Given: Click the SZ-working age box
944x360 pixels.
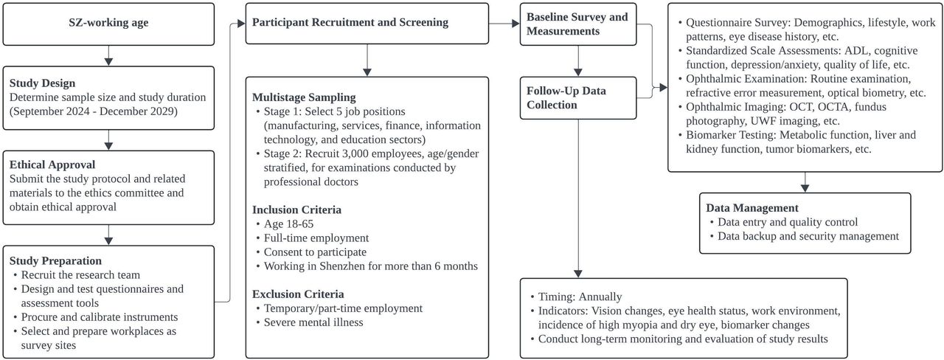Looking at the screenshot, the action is click(108, 24).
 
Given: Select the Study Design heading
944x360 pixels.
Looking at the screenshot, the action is click(42, 83).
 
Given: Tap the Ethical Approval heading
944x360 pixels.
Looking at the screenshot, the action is click(52, 165).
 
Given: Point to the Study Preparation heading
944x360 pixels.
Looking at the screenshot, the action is click(55, 260).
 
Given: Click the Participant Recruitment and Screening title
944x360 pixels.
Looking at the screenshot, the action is click(350, 22).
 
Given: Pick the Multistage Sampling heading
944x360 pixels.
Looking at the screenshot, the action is click(304, 97).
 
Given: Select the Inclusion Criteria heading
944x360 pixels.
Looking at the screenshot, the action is click(296, 210).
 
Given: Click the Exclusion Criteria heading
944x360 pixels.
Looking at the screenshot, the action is click(298, 294).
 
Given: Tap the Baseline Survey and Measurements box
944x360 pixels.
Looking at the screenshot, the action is click(577, 24).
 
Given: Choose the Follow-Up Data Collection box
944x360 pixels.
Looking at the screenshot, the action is click(577, 98).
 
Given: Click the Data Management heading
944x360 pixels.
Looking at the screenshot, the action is click(752, 208).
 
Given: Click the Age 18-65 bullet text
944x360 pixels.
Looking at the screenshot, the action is click(288, 224).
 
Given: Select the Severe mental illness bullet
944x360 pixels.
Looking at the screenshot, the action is click(313, 322).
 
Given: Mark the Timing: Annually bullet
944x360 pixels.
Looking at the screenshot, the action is click(580, 297).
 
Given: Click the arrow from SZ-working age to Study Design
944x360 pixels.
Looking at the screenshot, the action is click(108, 55).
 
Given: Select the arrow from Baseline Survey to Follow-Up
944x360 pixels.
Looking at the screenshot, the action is click(577, 61).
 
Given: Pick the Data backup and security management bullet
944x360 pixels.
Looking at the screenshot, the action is click(808, 236).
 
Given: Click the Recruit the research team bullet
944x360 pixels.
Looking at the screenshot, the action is click(80, 275).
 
